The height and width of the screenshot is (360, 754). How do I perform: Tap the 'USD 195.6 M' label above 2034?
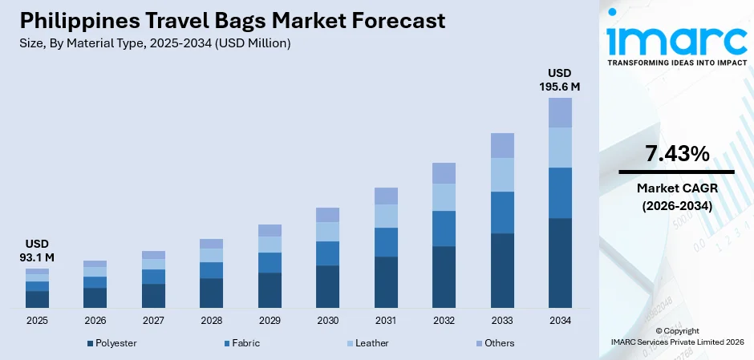pyautogui.click(x=559, y=80)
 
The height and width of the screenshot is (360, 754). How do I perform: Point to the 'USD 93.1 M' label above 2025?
pyautogui.click(x=37, y=250)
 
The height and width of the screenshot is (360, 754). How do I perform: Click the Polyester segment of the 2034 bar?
pyautogui.click(x=560, y=263)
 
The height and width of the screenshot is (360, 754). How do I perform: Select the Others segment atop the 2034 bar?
pyautogui.click(x=560, y=112)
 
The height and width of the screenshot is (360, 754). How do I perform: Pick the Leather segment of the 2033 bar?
pyautogui.click(x=502, y=175)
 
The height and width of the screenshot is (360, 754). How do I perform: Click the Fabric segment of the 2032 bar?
pyautogui.click(x=444, y=229)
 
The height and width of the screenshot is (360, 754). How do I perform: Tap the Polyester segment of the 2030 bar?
pyautogui.click(x=327, y=286)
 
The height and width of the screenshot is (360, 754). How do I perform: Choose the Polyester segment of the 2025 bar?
pyautogui.click(x=37, y=299)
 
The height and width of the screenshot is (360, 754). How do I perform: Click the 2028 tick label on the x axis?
pyautogui.click(x=211, y=321)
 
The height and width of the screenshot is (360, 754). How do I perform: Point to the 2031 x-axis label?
pyautogui.click(x=386, y=321)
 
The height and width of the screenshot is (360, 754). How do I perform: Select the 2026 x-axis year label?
pyautogui.click(x=95, y=321)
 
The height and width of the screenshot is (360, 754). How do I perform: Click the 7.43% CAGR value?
pyautogui.click(x=676, y=154)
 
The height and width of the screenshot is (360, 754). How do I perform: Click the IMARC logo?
pyautogui.click(x=676, y=38)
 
